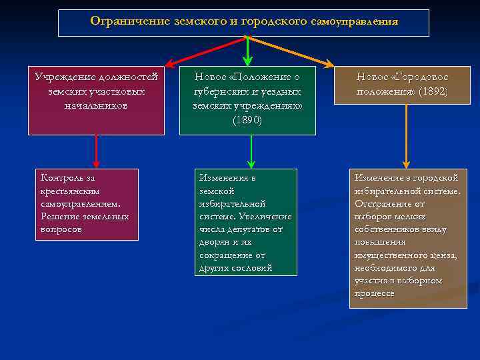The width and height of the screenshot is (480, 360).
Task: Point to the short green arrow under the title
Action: click(x=247, y=51)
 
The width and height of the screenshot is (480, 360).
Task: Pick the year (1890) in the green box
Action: click(x=247, y=120)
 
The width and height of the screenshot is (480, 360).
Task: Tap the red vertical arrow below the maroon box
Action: click(x=97, y=151)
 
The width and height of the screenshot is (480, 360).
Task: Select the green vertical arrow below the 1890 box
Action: click(x=251, y=151)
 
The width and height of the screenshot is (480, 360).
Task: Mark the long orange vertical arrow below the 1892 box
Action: click(x=406, y=136)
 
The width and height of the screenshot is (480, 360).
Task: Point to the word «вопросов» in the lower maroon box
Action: click(x=61, y=229)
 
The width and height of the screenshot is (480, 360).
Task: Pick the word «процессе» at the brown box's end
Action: click(x=375, y=293)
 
